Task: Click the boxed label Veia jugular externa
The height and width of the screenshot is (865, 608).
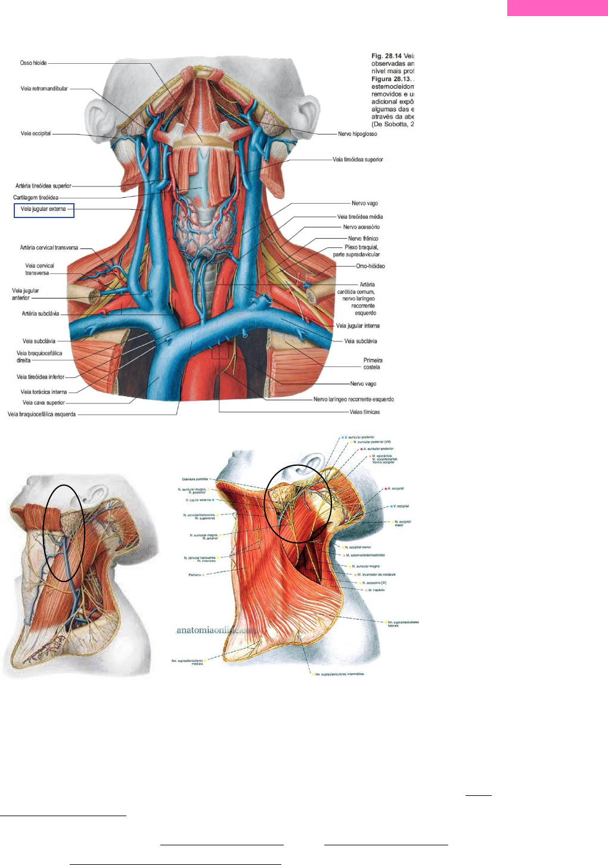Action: coord(44,210)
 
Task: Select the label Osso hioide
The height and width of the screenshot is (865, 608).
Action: coord(33,63)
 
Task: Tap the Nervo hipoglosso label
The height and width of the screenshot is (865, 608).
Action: coord(357,134)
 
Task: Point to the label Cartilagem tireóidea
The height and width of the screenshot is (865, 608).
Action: coord(36,198)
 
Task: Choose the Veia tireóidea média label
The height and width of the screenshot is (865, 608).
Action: coord(360,217)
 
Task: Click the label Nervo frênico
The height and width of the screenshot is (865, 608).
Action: coord(363,239)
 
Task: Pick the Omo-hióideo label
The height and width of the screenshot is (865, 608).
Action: coord(370,266)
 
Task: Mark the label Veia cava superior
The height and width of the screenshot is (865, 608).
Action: coord(44,403)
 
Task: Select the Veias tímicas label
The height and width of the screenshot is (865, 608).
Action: coord(364,412)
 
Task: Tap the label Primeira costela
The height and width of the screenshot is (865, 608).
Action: coord(373,364)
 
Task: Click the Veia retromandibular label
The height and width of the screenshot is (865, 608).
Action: coord(44,89)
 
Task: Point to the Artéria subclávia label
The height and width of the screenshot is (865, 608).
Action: coord(41,314)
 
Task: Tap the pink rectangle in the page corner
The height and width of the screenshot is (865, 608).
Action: coord(557,8)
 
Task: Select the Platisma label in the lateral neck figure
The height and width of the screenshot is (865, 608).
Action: coord(195,575)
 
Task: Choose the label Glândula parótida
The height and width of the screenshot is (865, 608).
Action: coord(195,479)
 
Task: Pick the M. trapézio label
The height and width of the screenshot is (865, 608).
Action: coord(376,590)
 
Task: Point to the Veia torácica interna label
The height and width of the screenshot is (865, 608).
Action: coord(44,392)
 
